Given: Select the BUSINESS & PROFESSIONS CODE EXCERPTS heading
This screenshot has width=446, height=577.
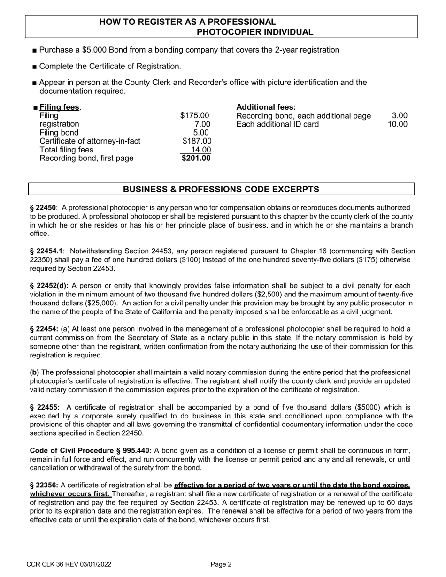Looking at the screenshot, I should (221, 189).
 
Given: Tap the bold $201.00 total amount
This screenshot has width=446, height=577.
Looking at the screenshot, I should (197, 158).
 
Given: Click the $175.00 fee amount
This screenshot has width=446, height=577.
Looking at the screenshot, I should (195, 115).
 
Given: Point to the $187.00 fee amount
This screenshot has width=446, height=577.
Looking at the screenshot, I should (196, 141).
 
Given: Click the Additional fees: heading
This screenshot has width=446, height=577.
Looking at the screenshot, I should (266, 107).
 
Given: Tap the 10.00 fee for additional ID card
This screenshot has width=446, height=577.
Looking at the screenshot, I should (397, 124).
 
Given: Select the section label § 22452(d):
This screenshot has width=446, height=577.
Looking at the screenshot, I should (49, 286).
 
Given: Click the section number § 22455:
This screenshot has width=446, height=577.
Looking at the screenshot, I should (45, 407).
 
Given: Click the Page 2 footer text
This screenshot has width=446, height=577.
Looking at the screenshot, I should (221, 564).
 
